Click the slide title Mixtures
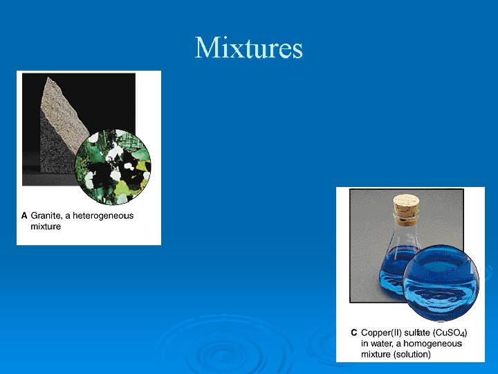(249, 48)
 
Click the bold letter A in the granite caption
(24, 215)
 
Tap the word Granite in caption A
(46, 215)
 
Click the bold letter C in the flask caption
(353, 333)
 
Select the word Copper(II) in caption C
(382, 333)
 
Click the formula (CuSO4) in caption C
(450, 333)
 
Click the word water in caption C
(380, 344)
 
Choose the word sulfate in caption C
(418, 333)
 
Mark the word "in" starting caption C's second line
(365, 344)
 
